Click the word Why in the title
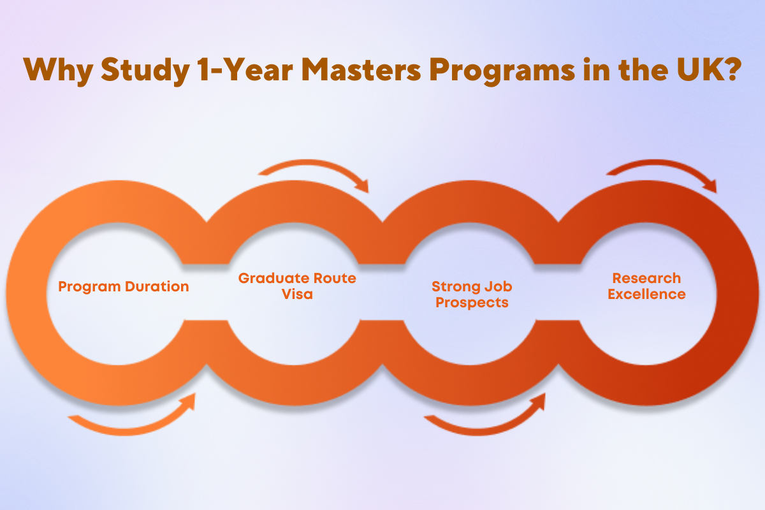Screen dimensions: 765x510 coord(58,71)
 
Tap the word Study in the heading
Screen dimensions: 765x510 coord(145,70)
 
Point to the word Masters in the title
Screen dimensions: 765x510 coord(361,69)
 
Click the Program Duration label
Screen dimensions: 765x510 coord(123,287)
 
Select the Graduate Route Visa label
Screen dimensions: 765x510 coord(297,286)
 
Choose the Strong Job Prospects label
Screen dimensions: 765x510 coord(472,295)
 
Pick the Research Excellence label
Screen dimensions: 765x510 coord(646,286)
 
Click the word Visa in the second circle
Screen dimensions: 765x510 coord(297,294)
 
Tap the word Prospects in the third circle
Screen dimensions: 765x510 coord(472,303)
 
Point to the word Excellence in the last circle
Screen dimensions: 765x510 coord(646,294)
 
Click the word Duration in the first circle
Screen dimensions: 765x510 coord(157,286)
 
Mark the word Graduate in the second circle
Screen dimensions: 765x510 coord(273,279)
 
